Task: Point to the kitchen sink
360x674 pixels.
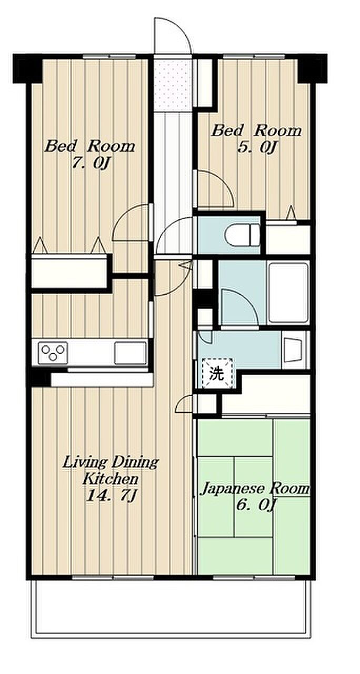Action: pyautogui.click(x=130, y=353)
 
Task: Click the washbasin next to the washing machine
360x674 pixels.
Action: pyautogui.click(x=293, y=350)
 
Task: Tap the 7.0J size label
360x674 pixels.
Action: pyautogui.click(x=90, y=164)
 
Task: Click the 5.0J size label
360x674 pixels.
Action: pyautogui.click(x=256, y=148)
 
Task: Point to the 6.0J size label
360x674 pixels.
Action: pyautogui.click(x=256, y=504)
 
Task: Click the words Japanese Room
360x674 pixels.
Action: pyautogui.click(x=255, y=489)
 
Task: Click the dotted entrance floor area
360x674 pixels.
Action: pyautogui.click(x=172, y=85)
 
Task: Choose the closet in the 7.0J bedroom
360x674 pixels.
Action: pyautogui.click(x=69, y=271)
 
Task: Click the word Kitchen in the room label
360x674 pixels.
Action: pyautogui.click(x=111, y=479)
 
